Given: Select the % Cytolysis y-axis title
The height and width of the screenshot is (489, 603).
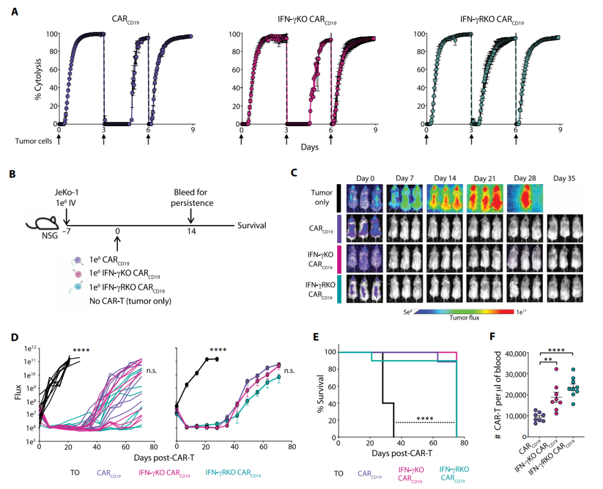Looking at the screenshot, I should (39, 79).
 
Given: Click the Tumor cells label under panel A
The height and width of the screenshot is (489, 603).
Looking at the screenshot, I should (32, 141).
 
